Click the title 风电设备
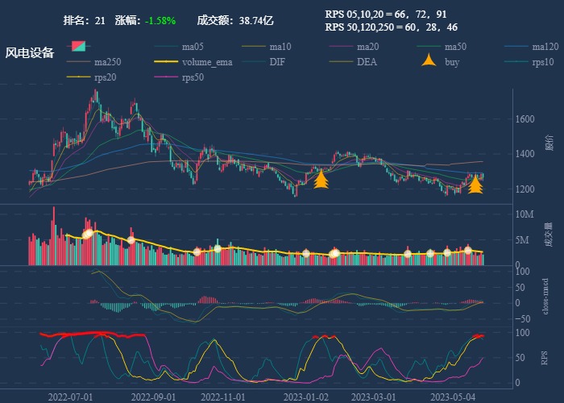(30, 53)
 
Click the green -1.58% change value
(160, 20)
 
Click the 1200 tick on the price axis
(525, 189)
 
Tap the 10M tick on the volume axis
(524, 214)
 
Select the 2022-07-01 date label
(70, 397)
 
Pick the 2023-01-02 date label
(306, 397)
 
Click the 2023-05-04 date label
(454, 397)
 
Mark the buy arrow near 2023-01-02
(321, 179)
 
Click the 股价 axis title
(549, 143)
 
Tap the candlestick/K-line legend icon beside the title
(79, 47)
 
